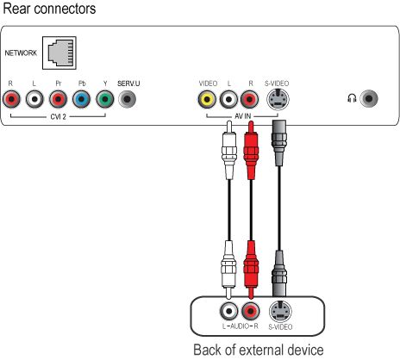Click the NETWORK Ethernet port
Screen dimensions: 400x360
coord(59,53)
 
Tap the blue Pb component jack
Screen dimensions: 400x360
coord(82,99)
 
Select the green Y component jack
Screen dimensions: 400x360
coord(105,99)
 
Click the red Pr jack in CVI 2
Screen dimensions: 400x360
coord(58,99)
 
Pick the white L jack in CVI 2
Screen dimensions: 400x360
coord(34,99)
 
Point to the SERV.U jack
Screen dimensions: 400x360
coord(128,99)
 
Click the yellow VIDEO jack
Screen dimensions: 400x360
coord(207,99)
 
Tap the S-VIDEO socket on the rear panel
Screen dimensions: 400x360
coord(278,99)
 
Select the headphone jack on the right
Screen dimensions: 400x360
coord(369,99)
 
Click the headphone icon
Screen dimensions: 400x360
coord(352,98)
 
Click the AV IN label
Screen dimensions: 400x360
coord(243,116)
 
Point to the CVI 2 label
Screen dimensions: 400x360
coord(58,116)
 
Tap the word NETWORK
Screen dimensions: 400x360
coord(21,53)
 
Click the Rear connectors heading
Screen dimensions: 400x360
coord(49,9)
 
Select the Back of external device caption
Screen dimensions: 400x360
coord(259,350)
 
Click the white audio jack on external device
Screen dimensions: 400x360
coord(229,311)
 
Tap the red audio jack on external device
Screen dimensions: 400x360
coord(251,311)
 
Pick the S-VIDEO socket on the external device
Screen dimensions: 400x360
coord(280,312)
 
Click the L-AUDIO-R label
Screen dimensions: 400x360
coord(241,326)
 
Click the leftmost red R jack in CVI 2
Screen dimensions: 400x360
coord(11,99)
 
